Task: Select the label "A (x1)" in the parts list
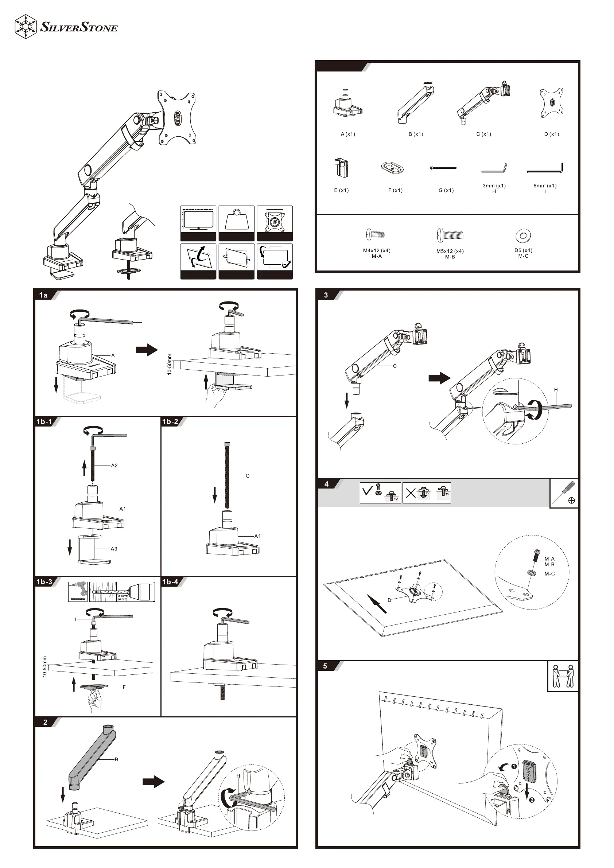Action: (348, 134)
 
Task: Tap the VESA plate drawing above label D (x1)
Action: (551, 103)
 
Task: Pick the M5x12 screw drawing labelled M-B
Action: (450, 235)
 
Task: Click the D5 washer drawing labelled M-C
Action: (523, 236)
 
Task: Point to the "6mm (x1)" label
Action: (545, 186)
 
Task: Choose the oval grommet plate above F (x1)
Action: (392, 167)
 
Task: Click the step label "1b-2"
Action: (170, 421)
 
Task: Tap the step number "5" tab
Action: (325, 666)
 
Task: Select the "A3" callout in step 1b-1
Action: (114, 549)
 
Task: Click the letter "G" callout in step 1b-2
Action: (248, 476)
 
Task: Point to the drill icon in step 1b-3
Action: (78, 592)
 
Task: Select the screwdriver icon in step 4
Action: (563, 493)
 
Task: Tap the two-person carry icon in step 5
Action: (563, 676)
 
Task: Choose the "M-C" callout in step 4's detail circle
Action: (549, 573)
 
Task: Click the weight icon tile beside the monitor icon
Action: (236, 223)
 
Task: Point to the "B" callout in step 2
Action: (116, 759)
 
